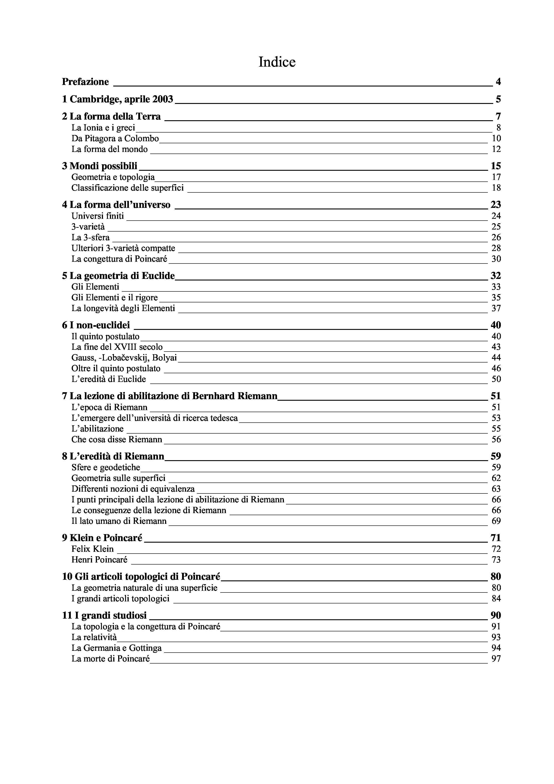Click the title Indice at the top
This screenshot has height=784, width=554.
coord(277,62)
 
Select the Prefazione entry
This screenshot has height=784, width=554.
coord(85,82)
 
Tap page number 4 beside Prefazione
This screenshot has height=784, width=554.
coord(498,82)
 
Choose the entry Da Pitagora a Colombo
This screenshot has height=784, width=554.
coord(115,138)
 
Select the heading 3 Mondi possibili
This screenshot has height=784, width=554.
coord(99,166)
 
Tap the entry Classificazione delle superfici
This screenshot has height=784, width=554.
coord(127,188)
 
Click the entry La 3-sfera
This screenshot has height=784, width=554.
coord(90,237)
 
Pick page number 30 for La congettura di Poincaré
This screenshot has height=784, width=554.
coord(496,259)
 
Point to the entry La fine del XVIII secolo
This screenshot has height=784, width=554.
coord(117,347)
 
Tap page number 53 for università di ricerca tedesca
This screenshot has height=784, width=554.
coord(496,418)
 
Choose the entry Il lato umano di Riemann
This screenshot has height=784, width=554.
coord(119,521)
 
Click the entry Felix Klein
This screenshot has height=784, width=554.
coord(92,549)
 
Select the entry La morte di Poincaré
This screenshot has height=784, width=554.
coord(111,659)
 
